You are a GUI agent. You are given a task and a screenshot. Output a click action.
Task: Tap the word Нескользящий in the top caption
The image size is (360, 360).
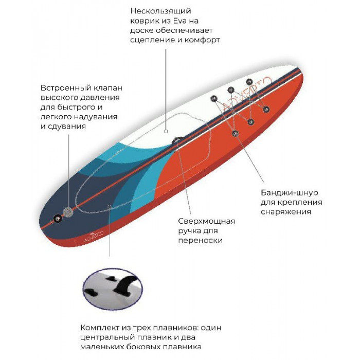click(160, 11)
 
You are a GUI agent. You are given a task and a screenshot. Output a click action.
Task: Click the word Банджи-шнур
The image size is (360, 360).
click(289, 193)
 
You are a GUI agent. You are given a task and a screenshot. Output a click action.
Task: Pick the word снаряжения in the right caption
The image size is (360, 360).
click(286, 212)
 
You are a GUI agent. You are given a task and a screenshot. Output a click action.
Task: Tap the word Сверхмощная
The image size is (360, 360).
click(206, 221)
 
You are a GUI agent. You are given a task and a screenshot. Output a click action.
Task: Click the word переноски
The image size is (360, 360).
click(200, 240)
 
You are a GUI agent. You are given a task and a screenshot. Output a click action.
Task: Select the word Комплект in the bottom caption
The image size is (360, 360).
click(100, 328)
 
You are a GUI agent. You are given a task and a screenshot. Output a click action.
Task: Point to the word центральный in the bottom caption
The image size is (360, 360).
click(107, 337)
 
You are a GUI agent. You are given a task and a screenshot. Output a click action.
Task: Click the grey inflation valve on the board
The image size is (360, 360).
click(68, 212)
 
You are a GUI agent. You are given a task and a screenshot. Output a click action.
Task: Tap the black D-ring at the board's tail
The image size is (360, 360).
click(57, 218)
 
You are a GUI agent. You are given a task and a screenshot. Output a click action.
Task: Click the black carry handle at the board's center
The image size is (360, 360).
click(178, 140)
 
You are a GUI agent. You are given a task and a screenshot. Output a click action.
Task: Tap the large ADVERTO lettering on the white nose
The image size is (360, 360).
click(247, 94)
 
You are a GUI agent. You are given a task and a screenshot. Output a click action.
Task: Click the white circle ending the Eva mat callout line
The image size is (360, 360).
click(166, 131)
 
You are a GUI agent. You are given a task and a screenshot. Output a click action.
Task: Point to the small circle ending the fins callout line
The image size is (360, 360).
click(110, 206)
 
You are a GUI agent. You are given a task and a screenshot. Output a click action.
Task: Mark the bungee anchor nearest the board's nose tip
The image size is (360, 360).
click(249, 81)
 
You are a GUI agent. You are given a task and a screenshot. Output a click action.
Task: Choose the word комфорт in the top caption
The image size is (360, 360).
click(202, 40)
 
